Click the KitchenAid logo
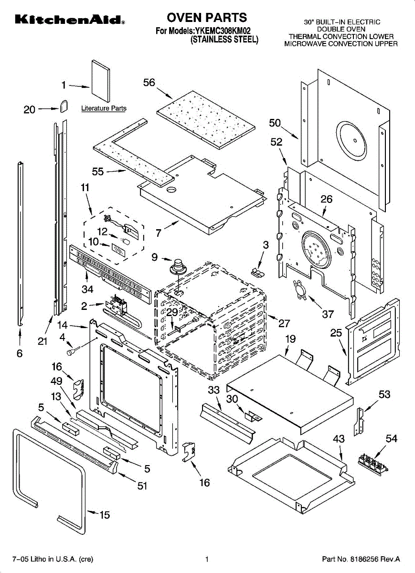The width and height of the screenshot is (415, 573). click(70, 20)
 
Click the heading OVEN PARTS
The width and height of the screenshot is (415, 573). click(207, 18)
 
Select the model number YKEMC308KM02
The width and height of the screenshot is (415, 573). click(223, 31)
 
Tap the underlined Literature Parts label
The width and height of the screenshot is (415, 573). click(104, 108)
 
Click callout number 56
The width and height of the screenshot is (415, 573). click(149, 82)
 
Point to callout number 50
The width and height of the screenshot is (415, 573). click(275, 123)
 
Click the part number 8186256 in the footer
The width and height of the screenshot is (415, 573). click(363, 559)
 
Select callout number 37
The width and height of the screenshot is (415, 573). click(328, 314)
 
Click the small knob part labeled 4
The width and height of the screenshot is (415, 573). click(73, 350)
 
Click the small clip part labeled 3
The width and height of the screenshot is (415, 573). click(257, 272)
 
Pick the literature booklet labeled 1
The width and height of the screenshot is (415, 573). click(101, 81)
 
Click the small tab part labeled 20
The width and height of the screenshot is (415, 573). click(64, 106)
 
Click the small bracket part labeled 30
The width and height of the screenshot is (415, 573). click(253, 416)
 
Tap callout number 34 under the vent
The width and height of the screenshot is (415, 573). click(87, 289)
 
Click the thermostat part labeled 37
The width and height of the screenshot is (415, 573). click(299, 289)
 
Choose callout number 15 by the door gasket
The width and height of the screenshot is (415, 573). click(104, 515)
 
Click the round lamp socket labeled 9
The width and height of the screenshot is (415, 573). click(177, 267)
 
